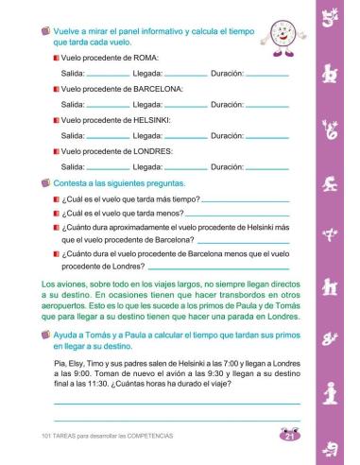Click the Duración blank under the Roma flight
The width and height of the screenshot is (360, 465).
point(266,75)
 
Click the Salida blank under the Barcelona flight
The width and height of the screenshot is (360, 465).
point(108,106)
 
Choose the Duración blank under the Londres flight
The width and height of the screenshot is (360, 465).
point(266,168)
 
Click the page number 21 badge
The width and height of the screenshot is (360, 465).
point(289,435)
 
